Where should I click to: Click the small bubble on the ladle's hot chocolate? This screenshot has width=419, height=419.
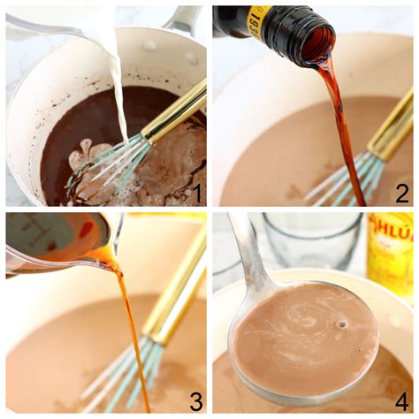341,324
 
